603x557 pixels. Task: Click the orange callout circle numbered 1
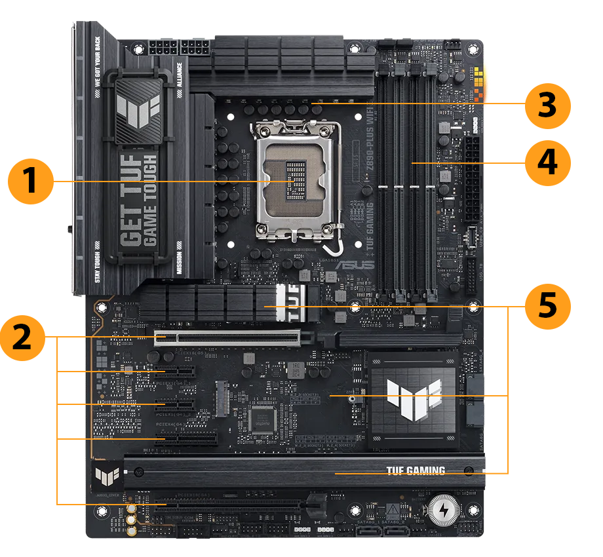pos(30,181)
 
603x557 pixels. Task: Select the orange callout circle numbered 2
pos(23,337)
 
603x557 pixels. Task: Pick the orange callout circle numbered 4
pos(548,162)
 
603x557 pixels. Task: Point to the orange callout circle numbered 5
pos(548,307)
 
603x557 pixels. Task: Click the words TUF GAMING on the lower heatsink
pos(416,471)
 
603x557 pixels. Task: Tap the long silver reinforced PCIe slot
pos(227,338)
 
